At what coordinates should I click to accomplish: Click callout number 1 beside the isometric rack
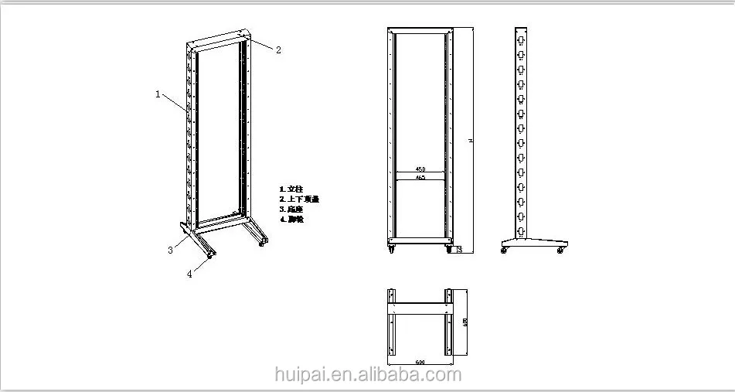pos(158,94)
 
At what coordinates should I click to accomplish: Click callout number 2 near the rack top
pos(278,49)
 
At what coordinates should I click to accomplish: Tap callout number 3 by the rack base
pos(170,249)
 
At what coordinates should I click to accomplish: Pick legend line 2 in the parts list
pos(298,199)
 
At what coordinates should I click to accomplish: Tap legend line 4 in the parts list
pos(291,219)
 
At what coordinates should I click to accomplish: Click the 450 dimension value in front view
pos(420,169)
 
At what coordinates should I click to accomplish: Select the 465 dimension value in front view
pos(420,178)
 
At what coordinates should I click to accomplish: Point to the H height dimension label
pos(469,140)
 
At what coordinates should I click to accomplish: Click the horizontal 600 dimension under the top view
pos(420,362)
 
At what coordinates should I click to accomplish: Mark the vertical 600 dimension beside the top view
pos(465,322)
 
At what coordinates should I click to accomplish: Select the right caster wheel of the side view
pos(560,251)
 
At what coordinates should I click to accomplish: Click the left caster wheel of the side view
pos(505,251)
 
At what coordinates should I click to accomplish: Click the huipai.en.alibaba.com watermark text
pos(368,376)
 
